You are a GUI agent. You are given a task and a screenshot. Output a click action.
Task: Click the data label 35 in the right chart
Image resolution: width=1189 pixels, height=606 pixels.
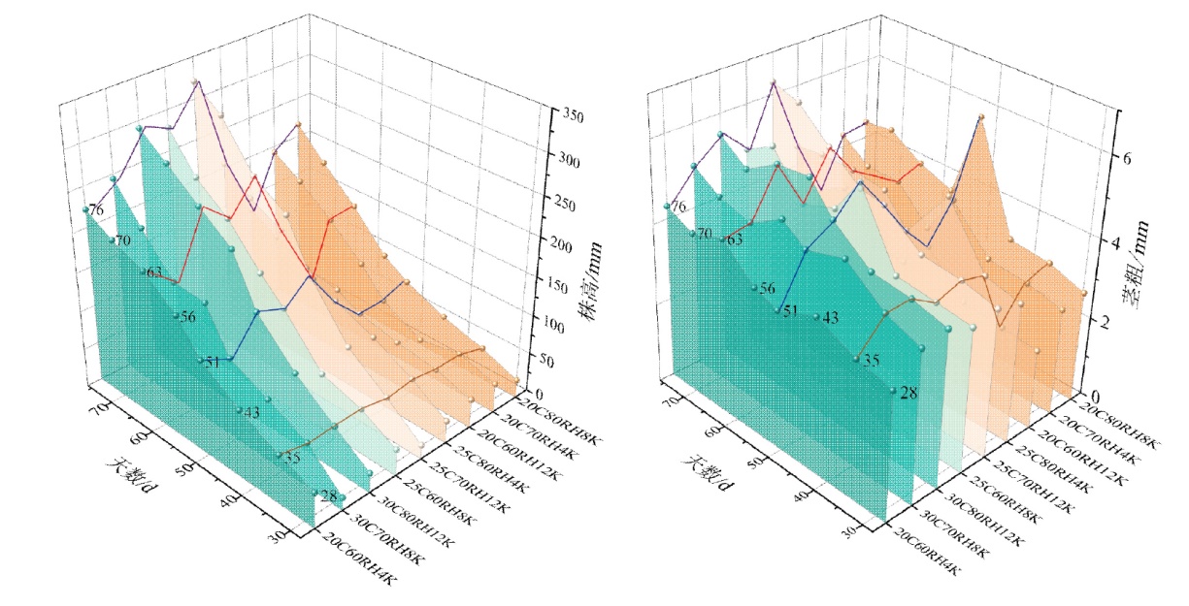pyautogui.click(x=872, y=360)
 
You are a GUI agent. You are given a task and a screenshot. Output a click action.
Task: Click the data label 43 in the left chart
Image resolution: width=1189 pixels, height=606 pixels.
pyautogui.click(x=251, y=413)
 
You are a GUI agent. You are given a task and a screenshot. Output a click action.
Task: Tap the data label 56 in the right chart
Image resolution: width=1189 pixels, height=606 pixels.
pyautogui.click(x=767, y=289)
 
